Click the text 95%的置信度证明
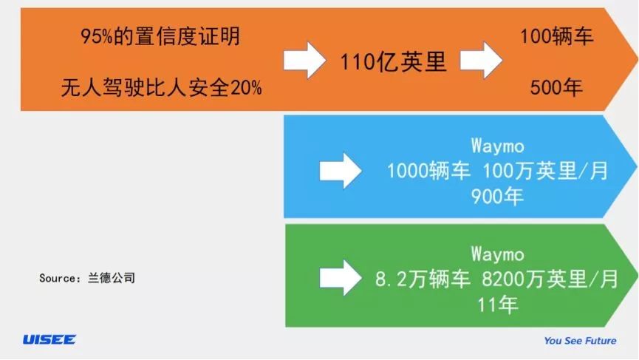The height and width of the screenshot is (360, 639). coord(160,35)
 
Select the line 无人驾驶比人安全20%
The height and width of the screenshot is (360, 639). coord(161,89)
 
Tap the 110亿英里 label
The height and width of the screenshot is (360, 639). coord(394,61)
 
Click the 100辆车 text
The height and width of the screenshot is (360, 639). coord(556,35)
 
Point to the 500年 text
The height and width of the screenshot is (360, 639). coord(556,88)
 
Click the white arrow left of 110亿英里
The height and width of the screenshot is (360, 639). coord(306,60)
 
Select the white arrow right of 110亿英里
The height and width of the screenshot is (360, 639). coord(482,60)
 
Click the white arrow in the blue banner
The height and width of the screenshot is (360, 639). coord(340,171)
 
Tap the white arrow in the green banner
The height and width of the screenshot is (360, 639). coord(340,278)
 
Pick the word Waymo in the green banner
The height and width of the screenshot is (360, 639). coord(497,254)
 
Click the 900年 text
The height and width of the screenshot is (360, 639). coord(497,197)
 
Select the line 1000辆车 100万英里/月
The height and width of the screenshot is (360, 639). coord(497,171)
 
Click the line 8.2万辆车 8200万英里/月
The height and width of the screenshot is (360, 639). coord(497,279)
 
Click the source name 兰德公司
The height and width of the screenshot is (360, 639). coord(112,279)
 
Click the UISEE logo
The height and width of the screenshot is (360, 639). coord(49,339)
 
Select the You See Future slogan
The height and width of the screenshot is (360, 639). coord(580,341)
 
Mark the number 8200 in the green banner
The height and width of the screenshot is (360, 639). coord(504,279)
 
